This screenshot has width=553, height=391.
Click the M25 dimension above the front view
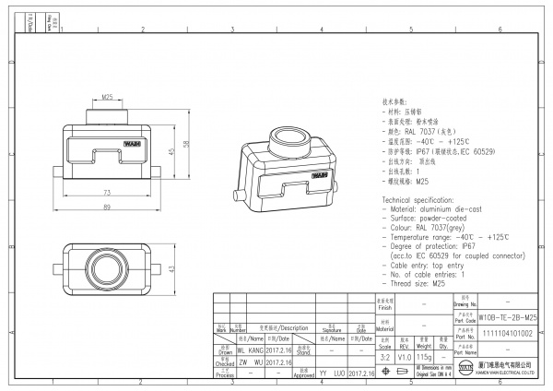pyautogui.click(x=107, y=97)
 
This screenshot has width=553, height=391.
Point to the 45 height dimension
pyautogui.click(x=171, y=151)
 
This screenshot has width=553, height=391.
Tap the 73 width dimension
pyautogui.click(x=106, y=192)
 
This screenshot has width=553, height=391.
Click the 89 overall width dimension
pyautogui.click(x=106, y=207)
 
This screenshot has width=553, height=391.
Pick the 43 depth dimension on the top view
pyautogui.click(x=171, y=268)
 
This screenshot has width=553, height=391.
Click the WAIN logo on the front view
pyautogui.click(x=132, y=144)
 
